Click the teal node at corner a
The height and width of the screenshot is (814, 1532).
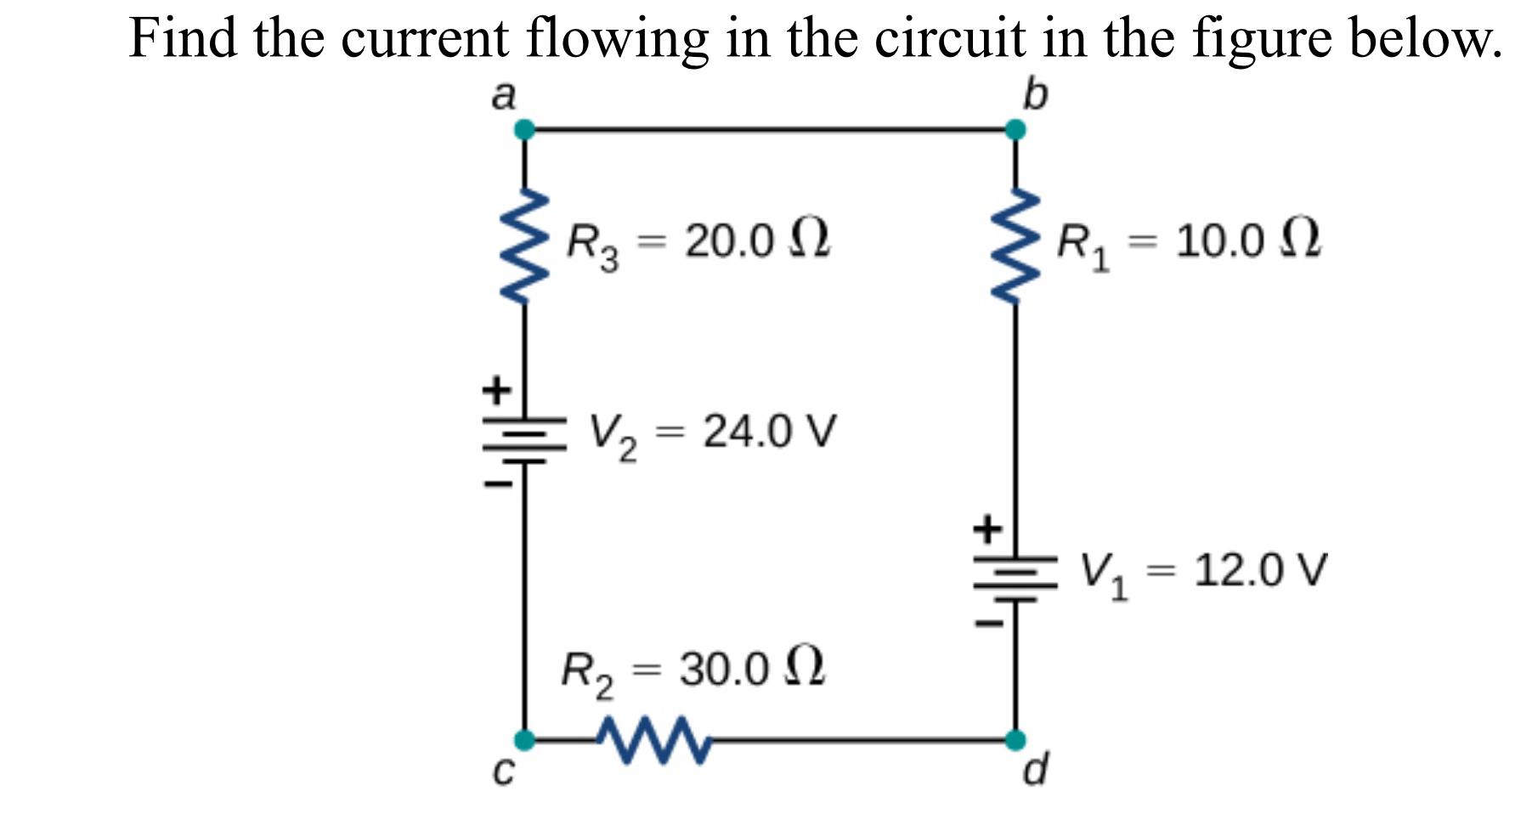point(525,130)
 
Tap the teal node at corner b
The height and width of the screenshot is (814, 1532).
point(1015,130)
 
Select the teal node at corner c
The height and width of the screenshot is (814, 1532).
point(525,740)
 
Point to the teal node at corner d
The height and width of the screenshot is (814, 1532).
point(1015,740)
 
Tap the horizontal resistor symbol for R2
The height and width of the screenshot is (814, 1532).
point(653,740)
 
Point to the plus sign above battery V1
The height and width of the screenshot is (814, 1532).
point(987,529)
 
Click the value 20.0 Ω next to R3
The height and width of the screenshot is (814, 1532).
point(757,240)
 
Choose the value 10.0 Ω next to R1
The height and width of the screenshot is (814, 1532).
point(1248,240)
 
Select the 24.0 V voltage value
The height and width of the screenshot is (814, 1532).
point(769,432)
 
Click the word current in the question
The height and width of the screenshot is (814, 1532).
point(425,39)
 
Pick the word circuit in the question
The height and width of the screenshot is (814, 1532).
point(950,39)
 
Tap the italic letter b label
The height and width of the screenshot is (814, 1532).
point(1035,94)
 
